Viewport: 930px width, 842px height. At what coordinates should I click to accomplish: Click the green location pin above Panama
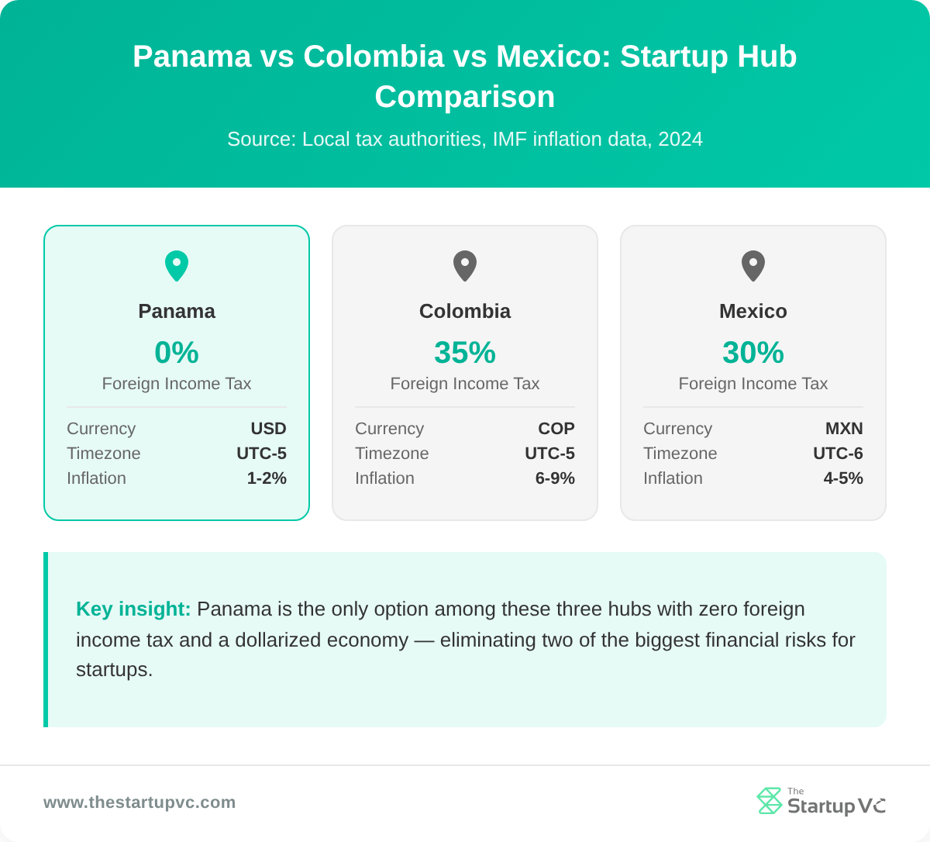[x=177, y=265]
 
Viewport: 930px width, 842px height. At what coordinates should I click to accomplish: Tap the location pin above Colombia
[x=465, y=265]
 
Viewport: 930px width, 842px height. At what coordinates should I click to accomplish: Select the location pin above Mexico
[x=753, y=265]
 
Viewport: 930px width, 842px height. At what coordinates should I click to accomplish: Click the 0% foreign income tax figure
[x=177, y=353]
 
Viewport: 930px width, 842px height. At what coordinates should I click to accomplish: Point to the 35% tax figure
[x=465, y=353]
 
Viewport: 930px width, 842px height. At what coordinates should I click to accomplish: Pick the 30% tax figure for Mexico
[x=753, y=353]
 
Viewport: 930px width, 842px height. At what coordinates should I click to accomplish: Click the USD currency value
[x=268, y=429]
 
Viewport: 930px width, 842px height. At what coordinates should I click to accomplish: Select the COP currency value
[x=556, y=429]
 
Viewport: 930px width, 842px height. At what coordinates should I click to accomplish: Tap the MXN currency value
[x=844, y=429]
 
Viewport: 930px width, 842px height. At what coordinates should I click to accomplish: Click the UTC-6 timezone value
[x=838, y=454]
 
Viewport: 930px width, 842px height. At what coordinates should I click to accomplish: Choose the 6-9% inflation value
[x=555, y=478]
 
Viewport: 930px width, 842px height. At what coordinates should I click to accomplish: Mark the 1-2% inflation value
[x=267, y=478]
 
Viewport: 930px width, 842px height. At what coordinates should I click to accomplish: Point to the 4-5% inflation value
[x=843, y=478]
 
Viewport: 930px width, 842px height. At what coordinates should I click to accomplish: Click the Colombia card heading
[x=465, y=311]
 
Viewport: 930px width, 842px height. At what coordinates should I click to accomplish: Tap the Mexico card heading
[x=753, y=311]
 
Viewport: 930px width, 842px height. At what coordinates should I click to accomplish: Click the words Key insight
[x=133, y=609]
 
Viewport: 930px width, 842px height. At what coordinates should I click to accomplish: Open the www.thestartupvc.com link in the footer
[x=139, y=802]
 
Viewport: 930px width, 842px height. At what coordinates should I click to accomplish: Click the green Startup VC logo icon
[x=770, y=801]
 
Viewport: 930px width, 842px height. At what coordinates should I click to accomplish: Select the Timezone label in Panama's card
[x=104, y=454]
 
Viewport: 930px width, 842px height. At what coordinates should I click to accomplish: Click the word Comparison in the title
[x=465, y=97]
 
